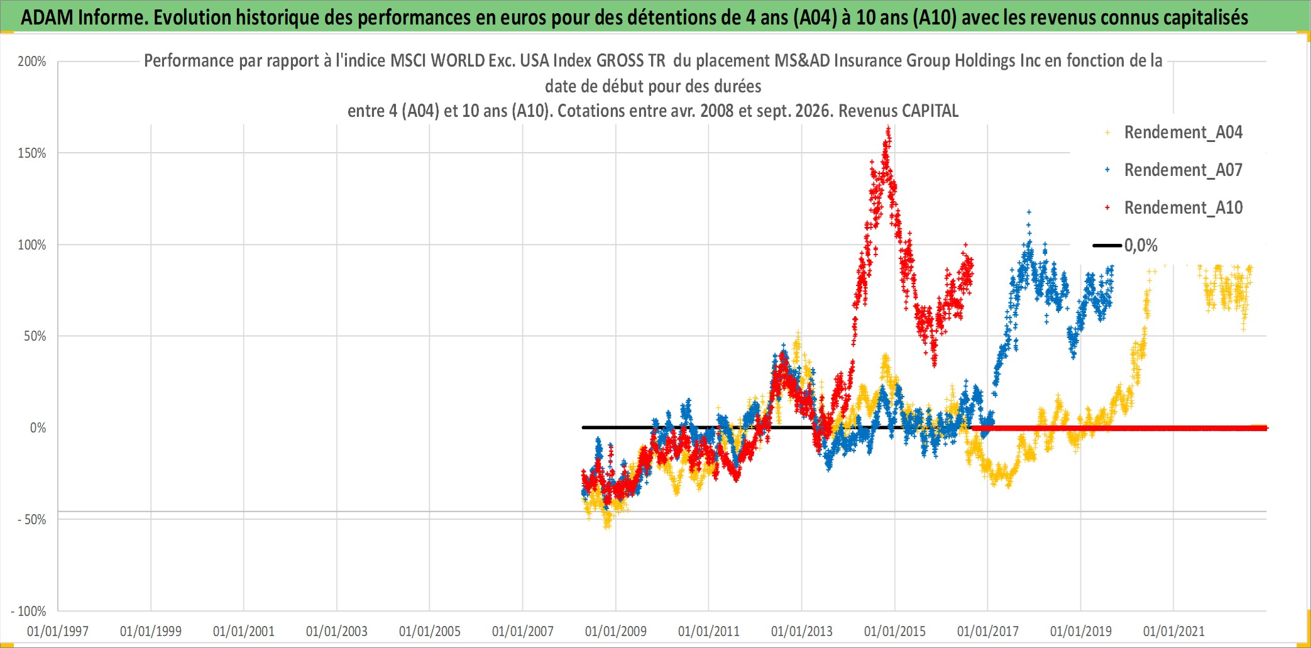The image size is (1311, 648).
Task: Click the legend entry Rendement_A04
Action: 1183,133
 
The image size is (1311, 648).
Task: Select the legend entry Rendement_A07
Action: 1183,170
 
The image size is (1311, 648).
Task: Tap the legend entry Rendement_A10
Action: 1183,208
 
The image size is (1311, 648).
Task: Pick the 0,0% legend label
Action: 1141,245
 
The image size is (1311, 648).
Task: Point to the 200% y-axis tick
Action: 32,62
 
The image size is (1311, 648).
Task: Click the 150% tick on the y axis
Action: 32,153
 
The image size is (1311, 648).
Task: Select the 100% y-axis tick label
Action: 32,245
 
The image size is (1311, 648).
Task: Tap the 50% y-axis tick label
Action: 35,336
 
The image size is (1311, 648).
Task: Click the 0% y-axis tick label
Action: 38,428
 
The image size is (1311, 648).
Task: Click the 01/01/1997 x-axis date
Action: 58,631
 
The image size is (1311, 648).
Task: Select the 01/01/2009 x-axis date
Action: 616,631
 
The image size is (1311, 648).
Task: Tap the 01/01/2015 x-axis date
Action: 895,631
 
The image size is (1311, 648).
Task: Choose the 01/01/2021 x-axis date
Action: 1174,631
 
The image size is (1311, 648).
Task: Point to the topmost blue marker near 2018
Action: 1029,212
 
